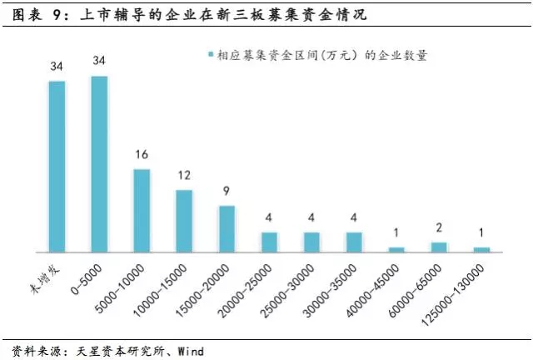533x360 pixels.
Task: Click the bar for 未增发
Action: click(57, 167)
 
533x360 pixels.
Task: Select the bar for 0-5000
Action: click(99, 164)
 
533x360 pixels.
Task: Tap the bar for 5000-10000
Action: click(142, 211)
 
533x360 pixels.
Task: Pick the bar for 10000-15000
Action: click(184, 221)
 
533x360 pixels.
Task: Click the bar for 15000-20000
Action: click(227, 229)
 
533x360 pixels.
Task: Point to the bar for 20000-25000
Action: click(269, 242)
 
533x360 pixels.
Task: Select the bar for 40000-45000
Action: click(396, 249)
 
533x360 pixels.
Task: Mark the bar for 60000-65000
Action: click(439, 247)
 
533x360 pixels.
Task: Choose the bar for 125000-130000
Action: click(481, 249)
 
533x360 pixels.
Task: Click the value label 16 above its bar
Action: click(142, 156)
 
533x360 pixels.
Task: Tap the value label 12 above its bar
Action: click(184, 177)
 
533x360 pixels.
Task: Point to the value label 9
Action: click(227, 192)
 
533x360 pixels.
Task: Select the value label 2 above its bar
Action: click(439, 229)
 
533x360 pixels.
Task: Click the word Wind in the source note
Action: click(190, 351)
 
